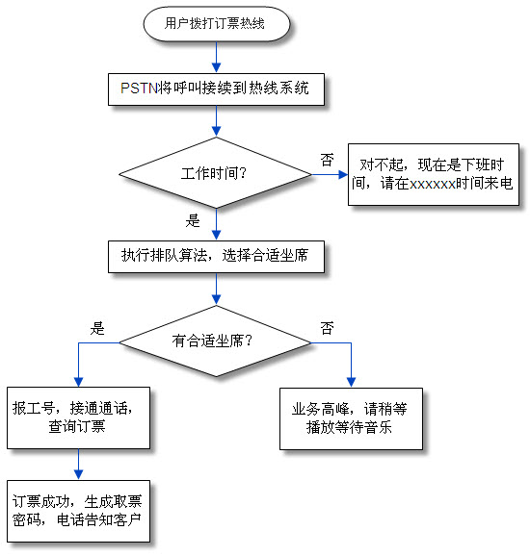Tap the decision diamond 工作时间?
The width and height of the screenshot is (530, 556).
tap(216, 174)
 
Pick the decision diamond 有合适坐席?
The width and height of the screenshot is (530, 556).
tap(215, 340)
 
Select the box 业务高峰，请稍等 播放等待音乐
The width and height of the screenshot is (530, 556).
tap(349, 417)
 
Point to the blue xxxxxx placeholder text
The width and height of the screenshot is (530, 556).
tap(432, 183)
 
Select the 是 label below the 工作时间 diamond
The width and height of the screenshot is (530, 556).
tap(193, 219)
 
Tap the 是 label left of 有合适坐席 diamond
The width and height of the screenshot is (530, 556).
tap(96, 327)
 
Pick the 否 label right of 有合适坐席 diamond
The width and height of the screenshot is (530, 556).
tap(328, 328)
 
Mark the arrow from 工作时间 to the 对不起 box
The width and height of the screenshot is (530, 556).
tap(328, 175)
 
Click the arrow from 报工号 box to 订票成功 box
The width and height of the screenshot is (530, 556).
tap(78, 464)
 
